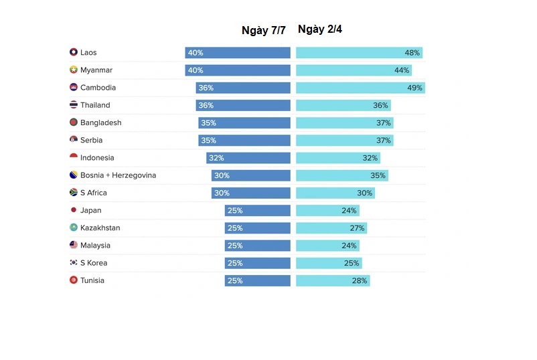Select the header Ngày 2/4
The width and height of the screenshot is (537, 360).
click(320, 29)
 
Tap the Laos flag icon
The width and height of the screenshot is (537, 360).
click(74, 52)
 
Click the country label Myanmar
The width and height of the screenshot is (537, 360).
click(96, 70)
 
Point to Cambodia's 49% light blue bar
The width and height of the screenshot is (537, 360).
click(360, 88)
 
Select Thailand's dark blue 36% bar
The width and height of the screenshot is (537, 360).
click(243, 105)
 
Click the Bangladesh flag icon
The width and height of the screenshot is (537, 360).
click(74, 122)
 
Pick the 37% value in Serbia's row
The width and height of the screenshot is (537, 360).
click(383, 141)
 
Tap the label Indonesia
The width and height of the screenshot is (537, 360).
click(97, 158)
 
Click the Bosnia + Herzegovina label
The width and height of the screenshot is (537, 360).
click(118, 175)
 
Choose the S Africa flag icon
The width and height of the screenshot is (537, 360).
click(74, 193)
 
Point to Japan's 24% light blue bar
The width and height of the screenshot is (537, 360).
click(327, 210)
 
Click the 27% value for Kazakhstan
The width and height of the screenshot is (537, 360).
click(357, 228)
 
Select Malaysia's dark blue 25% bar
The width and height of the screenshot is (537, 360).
click(258, 246)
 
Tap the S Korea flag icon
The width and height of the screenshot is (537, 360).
click(74, 263)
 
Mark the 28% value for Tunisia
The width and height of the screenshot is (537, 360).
click(360, 281)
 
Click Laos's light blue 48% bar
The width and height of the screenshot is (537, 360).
click(359, 53)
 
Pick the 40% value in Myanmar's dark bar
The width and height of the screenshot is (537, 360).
click(196, 70)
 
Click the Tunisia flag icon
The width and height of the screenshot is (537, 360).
click(74, 280)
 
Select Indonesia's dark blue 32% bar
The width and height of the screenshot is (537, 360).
click(248, 158)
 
